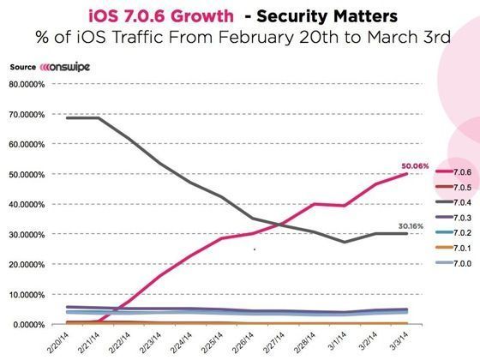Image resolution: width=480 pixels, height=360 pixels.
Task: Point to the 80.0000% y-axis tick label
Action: click(28, 84)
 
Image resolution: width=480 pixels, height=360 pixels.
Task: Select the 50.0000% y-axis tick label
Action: click(28, 174)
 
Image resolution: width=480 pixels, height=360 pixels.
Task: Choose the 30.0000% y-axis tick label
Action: click(28, 234)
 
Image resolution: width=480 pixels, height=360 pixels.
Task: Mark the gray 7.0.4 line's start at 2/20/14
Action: click(67, 117)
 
